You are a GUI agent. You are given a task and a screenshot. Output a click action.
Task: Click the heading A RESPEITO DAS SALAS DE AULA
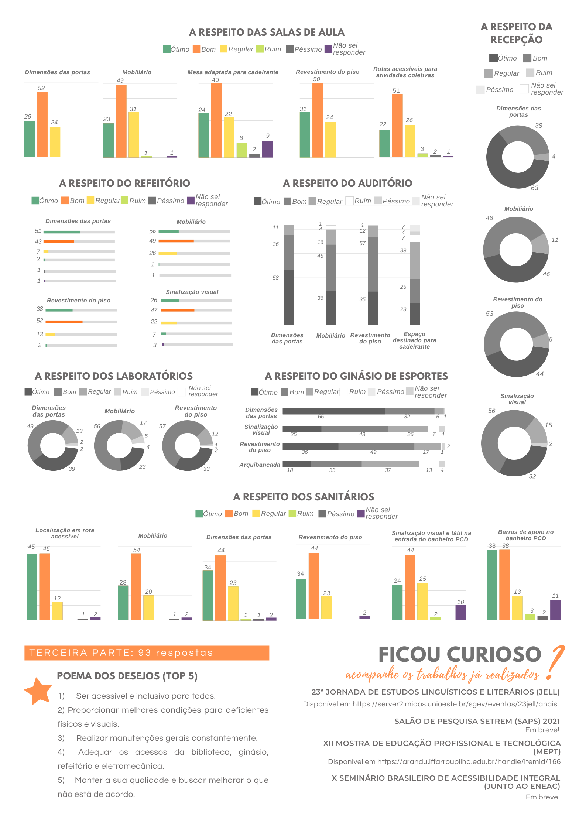(267, 32)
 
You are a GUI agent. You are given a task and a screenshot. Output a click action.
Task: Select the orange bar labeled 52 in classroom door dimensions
(42, 124)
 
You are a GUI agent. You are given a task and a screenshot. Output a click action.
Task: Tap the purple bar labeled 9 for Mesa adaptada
(267, 149)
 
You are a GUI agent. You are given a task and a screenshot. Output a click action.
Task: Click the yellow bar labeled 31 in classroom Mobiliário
(134, 134)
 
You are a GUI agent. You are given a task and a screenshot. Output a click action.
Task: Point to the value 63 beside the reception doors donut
(534, 188)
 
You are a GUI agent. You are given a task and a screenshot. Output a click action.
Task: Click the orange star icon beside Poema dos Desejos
(38, 691)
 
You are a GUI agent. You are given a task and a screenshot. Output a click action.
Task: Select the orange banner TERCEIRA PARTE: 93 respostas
(147, 653)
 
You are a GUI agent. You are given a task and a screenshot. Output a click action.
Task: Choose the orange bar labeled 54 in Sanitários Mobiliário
(136, 586)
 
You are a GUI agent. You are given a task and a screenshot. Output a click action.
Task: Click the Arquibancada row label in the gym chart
(260, 465)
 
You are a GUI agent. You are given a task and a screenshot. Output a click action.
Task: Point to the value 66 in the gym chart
(321, 417)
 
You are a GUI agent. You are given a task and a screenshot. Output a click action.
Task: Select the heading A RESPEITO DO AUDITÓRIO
(347, 183)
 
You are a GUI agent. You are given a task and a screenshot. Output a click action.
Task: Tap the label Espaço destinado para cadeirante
(414, 340)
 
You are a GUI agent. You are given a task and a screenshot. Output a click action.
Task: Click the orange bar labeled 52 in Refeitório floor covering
(64, 322)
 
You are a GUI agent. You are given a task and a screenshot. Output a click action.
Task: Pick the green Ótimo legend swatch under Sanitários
(199, 514)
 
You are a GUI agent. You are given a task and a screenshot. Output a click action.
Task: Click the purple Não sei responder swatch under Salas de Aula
(328, 49)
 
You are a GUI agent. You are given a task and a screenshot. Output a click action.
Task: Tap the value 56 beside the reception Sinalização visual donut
(491, 411)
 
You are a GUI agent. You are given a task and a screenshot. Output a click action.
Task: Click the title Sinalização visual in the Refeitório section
(192, 292)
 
